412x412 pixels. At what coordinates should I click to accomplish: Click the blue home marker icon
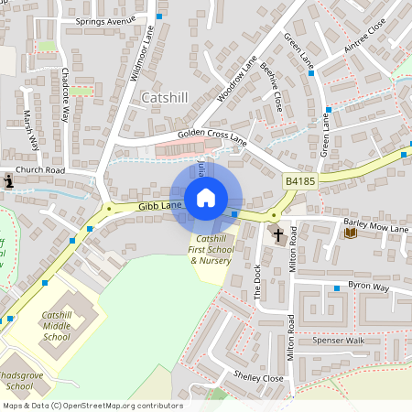pos(206,197)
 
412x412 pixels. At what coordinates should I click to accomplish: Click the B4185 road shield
pos(299,182)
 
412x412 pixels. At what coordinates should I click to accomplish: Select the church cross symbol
pos(278,234)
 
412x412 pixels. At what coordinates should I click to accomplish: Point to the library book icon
pos(350,233)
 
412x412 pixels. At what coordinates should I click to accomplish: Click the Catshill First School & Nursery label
pos(211,249)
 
